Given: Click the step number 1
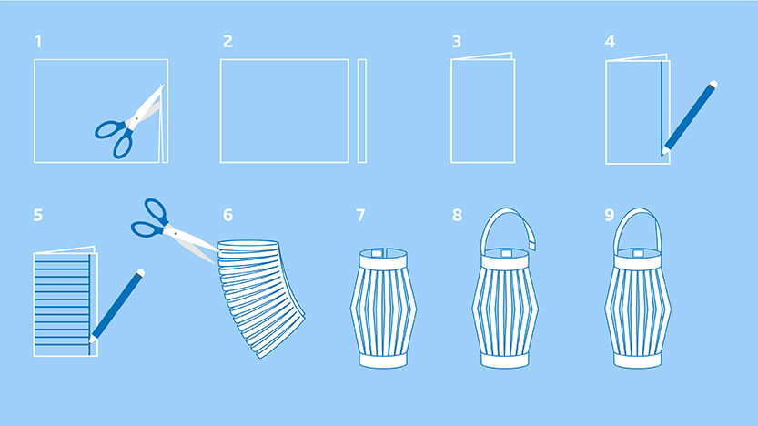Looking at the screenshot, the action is [x=38, y=42].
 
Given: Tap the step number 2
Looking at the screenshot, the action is [x=227, y=42].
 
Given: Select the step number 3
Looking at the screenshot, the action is [x=457, y=42].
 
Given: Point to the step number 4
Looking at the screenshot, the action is [x=610, y=42].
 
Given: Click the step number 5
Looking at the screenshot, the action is [x=38, y=215].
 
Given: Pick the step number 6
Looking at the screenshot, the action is [x=227, y=215].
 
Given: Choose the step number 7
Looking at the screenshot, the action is [x=360, y=215].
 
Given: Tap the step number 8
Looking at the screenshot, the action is [x=457, y=215].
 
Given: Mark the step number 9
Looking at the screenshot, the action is [x=609, y=215].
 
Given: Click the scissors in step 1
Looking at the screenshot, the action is [x=130, y=123].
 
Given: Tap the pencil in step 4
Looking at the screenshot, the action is [x=690, y=118].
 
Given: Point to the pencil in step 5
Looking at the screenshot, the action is [x=116, y=307].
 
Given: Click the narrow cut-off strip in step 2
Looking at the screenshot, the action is [x=362, y=111].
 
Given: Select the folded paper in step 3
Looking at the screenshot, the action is [x=483, y=108].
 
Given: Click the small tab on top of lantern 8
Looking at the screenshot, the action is [x=506, y=253].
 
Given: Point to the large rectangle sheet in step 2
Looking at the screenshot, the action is [x=285, y=111].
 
